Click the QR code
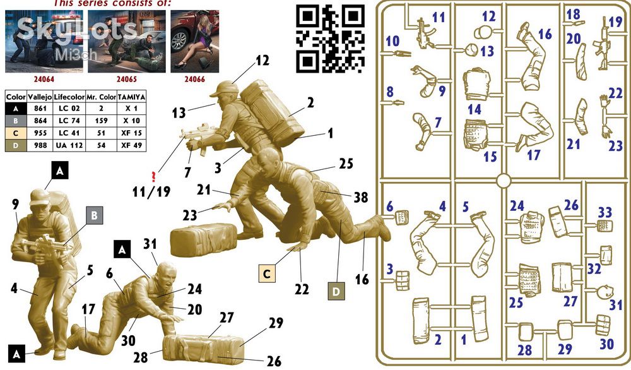331,39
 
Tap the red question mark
153,176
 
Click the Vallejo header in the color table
40,97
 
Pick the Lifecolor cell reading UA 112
69,145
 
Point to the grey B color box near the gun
94,215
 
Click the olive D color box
336,291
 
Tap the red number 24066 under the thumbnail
195,80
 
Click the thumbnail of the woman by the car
195,42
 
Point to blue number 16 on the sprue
545,34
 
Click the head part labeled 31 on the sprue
605,292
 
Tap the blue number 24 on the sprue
517,206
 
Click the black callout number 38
360,197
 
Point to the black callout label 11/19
151,192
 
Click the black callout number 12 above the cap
262,61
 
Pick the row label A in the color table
16,109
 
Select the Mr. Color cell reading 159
101,121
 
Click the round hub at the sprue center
504,181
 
